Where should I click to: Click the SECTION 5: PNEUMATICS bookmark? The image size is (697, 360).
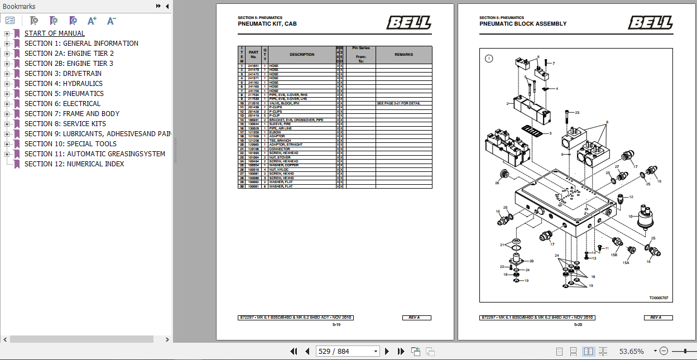point(64,94)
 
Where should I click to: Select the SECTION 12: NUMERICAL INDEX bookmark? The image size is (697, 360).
point(74,164)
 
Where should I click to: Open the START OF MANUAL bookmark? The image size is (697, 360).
point(54,33)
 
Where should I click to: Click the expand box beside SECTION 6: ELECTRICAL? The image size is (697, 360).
point(7,104)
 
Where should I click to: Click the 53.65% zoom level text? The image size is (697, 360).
point(631,351)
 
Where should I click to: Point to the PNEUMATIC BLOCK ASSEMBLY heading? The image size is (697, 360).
point(522,24)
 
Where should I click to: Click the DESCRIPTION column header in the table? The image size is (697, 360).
point(302,55)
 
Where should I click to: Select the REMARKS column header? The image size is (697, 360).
point(403,55)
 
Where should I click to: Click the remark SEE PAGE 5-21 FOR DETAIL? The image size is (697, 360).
point(398,103)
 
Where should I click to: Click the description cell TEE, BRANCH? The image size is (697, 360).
point(280,141)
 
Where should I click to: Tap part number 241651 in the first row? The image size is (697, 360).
point(253,66)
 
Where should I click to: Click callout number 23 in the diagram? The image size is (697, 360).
point(577,113)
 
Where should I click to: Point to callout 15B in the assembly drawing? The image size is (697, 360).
point(614,255)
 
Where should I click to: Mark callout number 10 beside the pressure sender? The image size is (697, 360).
point(630,216)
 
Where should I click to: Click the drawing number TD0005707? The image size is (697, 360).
point(658,298)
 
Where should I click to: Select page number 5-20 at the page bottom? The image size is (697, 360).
point(578,324)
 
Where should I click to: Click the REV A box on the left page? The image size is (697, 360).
point(414,318)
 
